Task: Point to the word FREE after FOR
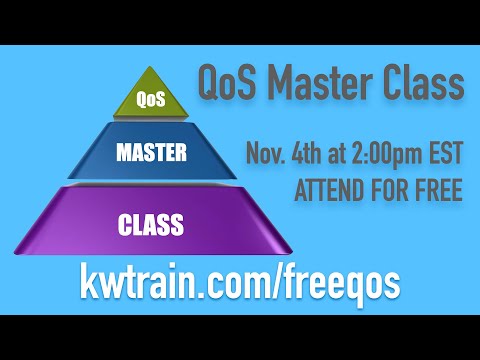point(437,190)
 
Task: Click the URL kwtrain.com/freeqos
point(240,283)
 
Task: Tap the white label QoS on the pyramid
point(149,100)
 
